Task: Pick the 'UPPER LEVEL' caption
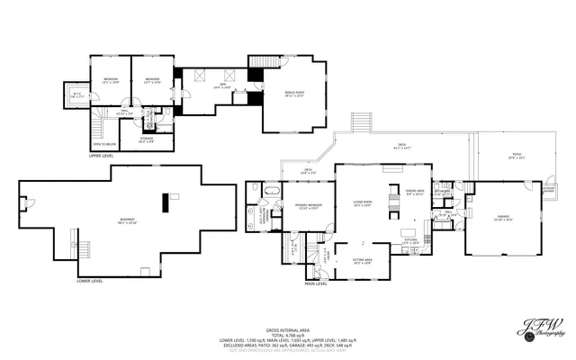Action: coord(101,155)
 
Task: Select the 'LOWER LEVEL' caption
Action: coord(90,280)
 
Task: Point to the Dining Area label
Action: coord(414,192)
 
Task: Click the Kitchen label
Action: coord(409,241)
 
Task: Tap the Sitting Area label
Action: coord(363,262)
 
